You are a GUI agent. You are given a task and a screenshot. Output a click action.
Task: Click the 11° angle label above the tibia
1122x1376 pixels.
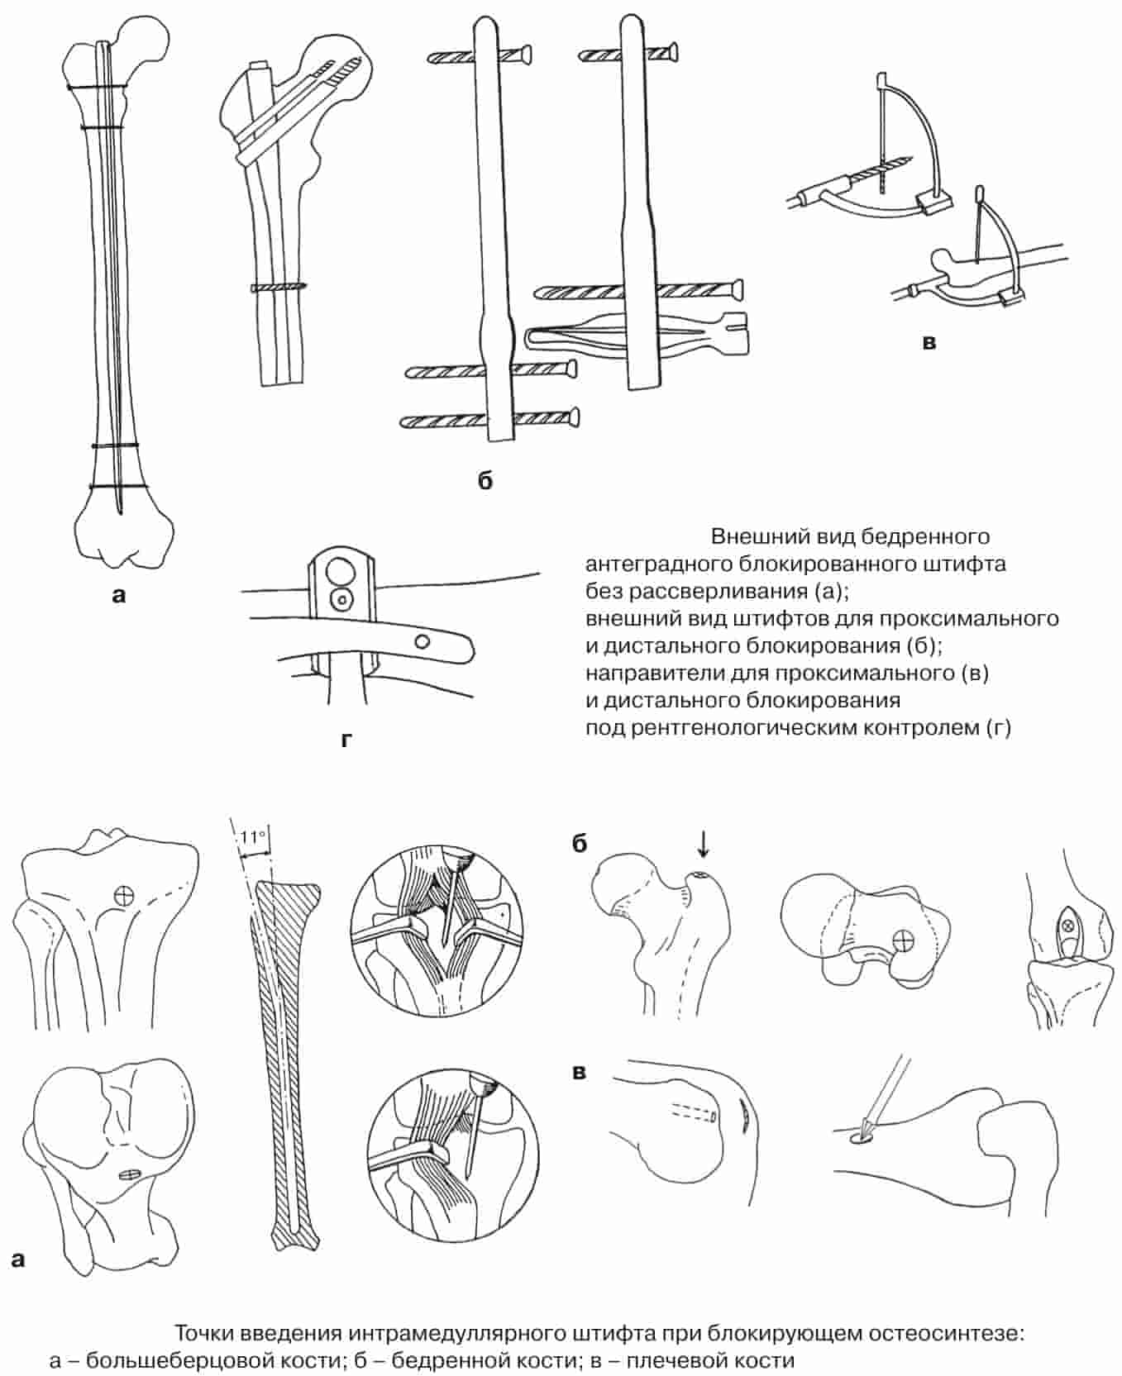pos(253,837)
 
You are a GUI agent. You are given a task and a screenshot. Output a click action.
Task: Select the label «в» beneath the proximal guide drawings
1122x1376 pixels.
pos(929,342)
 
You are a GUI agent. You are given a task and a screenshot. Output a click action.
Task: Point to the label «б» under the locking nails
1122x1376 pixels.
pos(485,479)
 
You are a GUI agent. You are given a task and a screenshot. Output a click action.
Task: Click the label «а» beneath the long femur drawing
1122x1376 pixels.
pos(119,593)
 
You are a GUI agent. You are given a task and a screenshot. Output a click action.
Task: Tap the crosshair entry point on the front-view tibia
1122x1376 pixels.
pos(124,894)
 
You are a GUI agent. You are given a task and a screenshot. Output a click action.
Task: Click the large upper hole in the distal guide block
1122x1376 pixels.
pos(340,570)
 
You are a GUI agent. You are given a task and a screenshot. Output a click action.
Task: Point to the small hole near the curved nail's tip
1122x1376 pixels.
pos(422,640)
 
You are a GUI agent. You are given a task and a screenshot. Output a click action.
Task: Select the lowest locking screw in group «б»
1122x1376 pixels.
pos(489,419)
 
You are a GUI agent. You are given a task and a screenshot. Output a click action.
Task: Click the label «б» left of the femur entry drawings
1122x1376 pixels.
pos(579,844)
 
